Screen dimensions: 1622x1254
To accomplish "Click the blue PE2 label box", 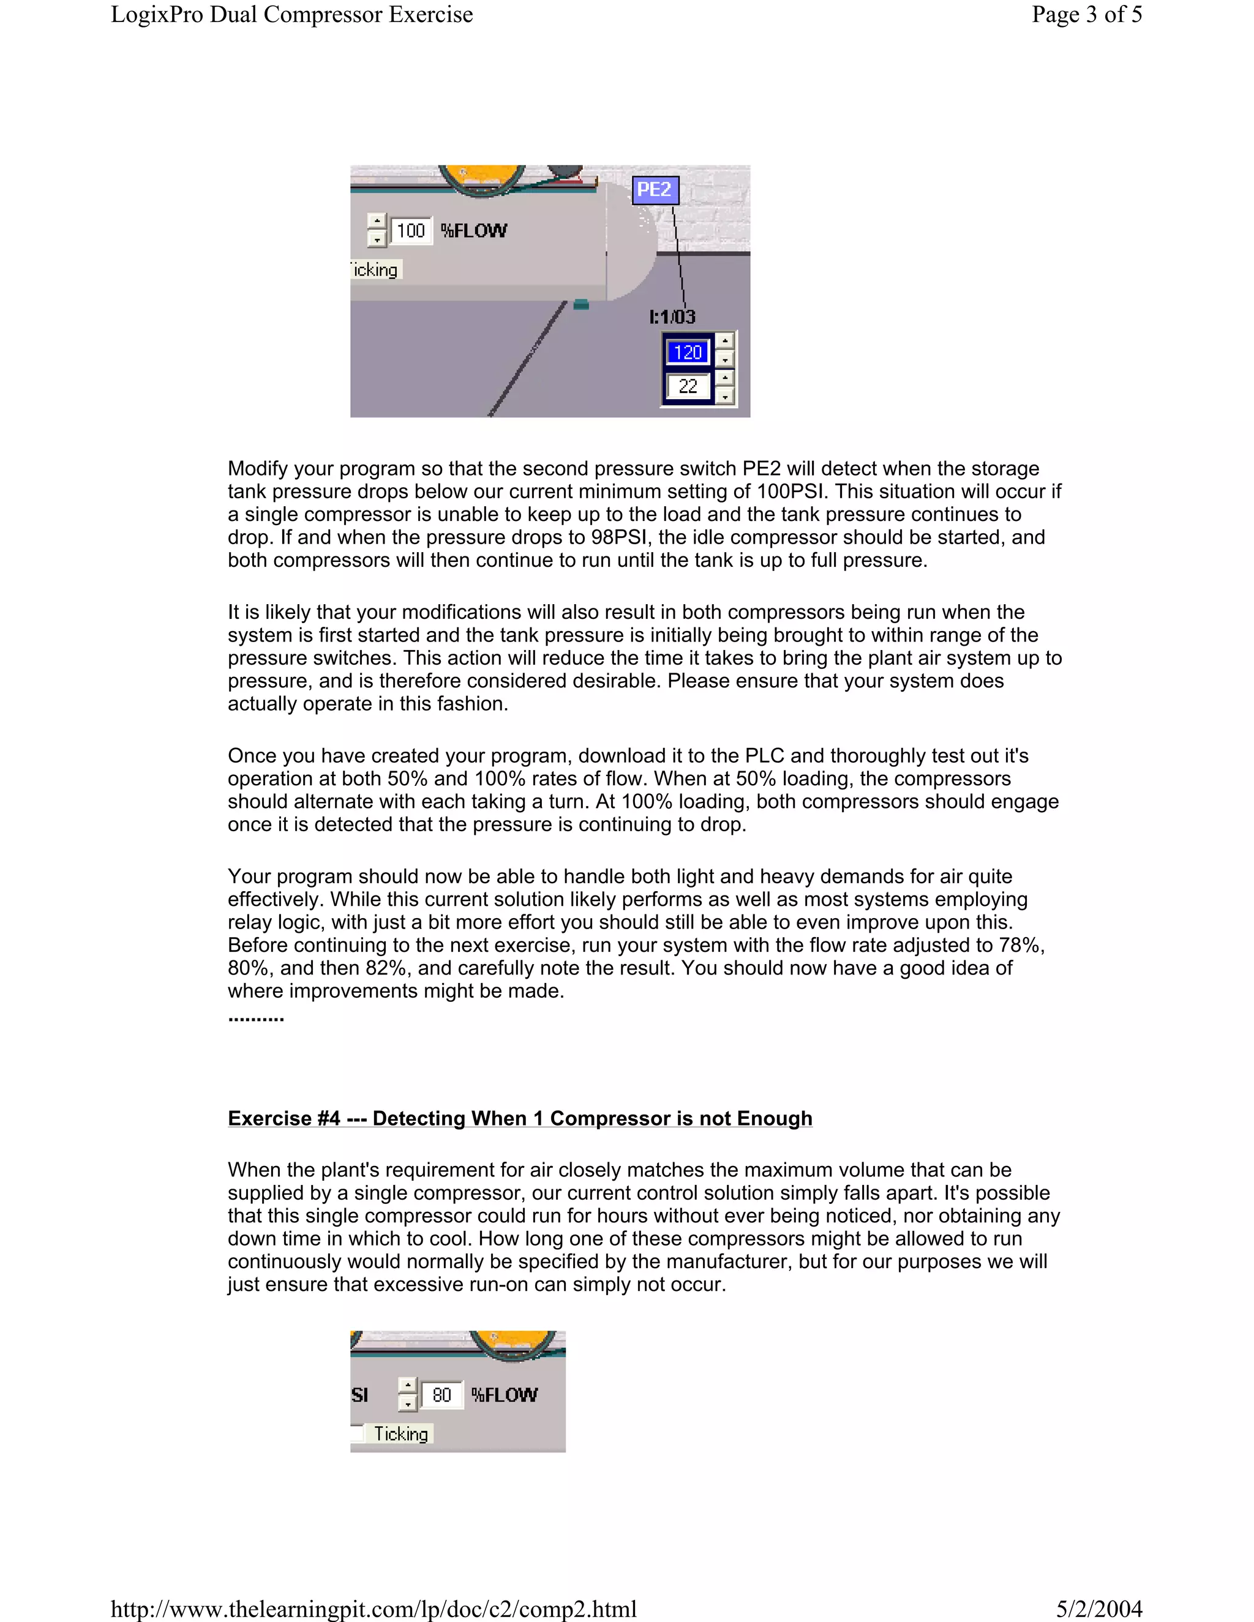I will tap(655, 190).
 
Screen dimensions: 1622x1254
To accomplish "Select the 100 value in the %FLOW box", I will tap(410, 231).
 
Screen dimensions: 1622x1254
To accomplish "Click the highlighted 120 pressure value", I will tap(688, 352).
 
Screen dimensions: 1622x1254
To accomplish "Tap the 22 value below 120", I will tap(688, 386).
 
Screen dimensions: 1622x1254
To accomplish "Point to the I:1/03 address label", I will tap(672, 317).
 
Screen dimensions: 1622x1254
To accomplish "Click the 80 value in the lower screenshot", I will tap(441, 1395).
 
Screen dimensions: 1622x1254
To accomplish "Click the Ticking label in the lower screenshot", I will tap(400, 1433).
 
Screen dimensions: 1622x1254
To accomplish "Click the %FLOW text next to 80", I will tap(505, 1395).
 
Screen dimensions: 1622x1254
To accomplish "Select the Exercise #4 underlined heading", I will tap(520, 1118).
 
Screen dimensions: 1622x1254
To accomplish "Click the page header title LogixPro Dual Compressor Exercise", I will tap(292, 15).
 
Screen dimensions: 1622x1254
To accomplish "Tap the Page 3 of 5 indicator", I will tap(1086, 15).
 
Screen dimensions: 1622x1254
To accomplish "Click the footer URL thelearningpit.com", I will tap(374, 1609).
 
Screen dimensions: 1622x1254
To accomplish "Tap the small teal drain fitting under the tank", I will tap(581, 304).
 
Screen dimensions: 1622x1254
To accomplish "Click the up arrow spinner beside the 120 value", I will tap(725, 341).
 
